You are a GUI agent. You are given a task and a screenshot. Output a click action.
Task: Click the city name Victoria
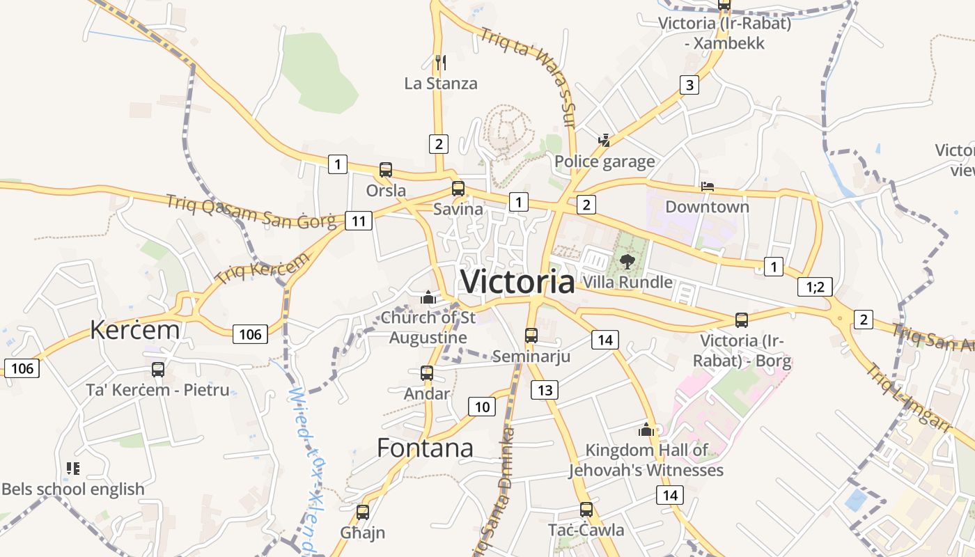tap(517, 282)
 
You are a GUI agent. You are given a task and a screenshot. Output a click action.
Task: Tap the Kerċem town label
tap(134, 330)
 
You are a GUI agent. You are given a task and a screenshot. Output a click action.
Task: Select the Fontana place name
tap(425, 448)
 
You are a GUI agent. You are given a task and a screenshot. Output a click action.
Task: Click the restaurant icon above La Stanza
tap(440, 63)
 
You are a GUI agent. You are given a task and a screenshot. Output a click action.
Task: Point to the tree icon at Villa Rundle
tap(627, 262)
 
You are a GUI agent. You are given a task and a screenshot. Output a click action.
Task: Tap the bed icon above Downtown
tap(708, 187)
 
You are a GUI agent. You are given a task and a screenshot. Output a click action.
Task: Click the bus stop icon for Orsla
tap(386, 170)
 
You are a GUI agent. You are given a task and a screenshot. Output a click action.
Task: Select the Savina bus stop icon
tap(458, 189)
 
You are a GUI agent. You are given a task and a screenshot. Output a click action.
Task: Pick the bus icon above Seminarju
tap(531, 336)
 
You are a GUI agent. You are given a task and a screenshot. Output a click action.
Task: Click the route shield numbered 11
tap(359, 221)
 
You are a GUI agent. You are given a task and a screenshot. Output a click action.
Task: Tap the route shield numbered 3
tap(689, 86)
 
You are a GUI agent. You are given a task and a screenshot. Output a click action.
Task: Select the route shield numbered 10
tap(483, 407)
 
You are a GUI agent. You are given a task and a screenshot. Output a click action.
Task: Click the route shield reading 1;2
tap(815, 287)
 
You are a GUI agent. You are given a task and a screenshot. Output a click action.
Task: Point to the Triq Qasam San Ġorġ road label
tap(251, 212)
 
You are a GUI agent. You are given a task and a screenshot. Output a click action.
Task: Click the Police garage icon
tap(604, 141)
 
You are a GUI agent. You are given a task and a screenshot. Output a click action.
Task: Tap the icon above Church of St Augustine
tap(428, 298)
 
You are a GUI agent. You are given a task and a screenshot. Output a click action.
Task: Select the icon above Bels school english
tap(73, 469)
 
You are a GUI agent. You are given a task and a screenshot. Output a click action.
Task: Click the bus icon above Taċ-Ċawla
tap(586, 510)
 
